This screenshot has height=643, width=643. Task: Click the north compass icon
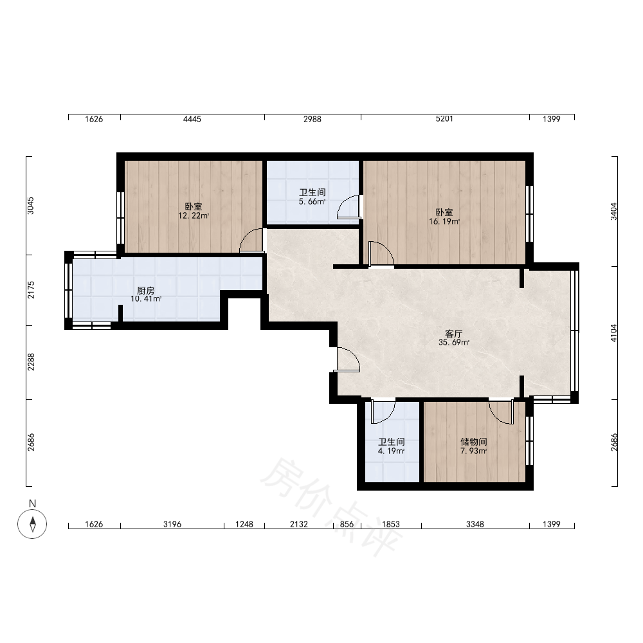[32, 523]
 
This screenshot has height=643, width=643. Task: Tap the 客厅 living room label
[453, 333]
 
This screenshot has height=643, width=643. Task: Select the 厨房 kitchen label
[145, 291]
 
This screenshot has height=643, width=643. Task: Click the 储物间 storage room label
[474, 442]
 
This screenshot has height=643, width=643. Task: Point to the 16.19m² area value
[444, 221]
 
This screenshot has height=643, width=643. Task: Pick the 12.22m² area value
[194, 215]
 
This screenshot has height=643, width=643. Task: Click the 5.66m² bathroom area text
[312, 201]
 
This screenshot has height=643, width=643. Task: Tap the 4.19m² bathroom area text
[391, 451]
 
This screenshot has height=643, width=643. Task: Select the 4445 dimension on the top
[192, 119]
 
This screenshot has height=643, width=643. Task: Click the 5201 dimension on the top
[444, 119]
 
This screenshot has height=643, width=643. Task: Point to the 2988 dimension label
[312, 119]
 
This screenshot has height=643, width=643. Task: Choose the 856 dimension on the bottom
[347, 524]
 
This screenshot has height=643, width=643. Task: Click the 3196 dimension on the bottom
[172, 524]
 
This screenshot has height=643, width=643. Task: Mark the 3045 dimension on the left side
[31, 206]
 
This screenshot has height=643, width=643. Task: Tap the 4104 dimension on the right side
[613, 333]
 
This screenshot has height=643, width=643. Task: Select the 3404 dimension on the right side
[613, 212]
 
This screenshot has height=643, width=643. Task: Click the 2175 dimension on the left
[31, 289]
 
